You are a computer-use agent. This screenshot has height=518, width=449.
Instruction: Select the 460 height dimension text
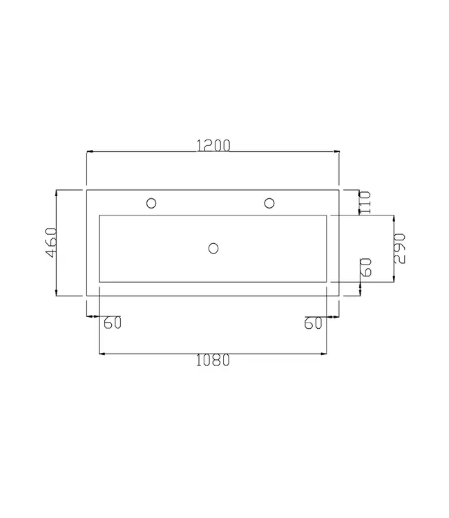(50, 243)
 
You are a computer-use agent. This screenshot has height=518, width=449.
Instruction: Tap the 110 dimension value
(365, 202)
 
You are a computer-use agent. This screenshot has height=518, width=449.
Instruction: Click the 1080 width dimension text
(213, 361)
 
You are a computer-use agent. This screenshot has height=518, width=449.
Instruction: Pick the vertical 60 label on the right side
(366, 267)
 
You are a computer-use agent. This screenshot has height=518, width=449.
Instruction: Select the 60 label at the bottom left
(112, 323)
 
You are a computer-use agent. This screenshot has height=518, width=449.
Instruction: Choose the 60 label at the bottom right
(314, 323)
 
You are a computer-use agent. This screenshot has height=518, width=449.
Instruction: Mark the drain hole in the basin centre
(213, 247)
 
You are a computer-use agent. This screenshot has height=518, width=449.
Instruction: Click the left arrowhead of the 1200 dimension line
(89, 151)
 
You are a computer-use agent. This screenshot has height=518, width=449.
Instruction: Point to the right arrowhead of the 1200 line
(336, 151)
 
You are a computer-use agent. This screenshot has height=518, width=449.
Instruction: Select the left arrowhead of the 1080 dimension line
(104, 354)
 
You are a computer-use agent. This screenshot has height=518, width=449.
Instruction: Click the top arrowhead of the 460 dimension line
(57, 193)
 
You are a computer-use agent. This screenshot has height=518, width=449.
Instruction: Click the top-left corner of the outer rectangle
(86, 189)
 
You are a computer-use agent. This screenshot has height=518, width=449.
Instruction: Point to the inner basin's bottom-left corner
(100, 281)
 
